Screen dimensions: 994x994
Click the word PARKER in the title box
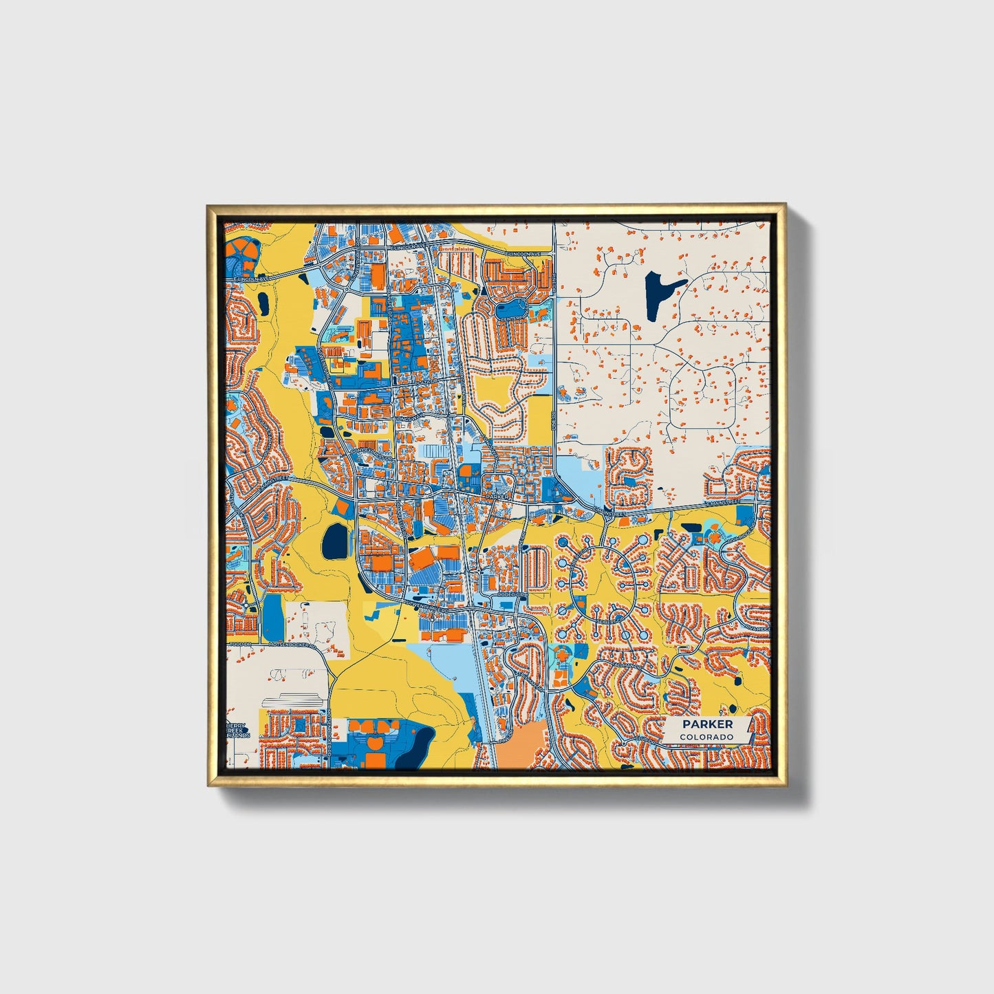point(707,724)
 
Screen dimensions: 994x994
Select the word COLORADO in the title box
point(706,737)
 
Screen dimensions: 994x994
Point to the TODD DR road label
point(238,645)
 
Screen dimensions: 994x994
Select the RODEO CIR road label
point(512,594)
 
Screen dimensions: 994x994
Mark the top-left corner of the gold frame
point(208,206)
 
